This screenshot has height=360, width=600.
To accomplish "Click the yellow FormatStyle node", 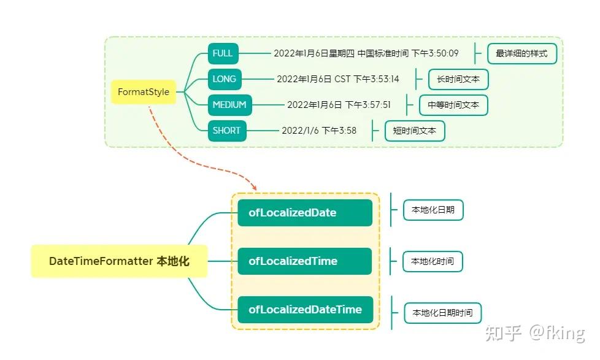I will (x=143, y=92).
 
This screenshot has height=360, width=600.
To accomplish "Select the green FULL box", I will (x=223, y=53).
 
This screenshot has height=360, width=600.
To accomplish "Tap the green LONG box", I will (x=224, y=79).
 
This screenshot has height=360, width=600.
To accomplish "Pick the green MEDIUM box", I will (x=229, y=105).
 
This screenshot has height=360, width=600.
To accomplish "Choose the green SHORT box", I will (x=227, y=131).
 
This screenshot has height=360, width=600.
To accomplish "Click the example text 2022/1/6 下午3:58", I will (x=319, y=131).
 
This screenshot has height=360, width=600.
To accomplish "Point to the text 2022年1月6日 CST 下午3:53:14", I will (x=337, y=79).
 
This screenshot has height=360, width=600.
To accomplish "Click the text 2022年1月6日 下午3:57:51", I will (x=339, y=105).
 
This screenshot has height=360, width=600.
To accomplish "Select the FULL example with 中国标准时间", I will (x=366, y=53).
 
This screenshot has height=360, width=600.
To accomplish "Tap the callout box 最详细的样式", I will (x=522, y=54).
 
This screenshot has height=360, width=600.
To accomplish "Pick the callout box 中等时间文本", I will (x=453, y=105).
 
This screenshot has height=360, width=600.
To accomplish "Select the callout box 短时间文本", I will (x=415, y=131).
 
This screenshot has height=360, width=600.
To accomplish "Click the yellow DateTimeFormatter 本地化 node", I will (x=119, y=261).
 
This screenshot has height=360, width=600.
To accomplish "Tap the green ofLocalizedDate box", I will (x=305, y=213).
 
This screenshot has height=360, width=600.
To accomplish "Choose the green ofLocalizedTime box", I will (x=305, y=261).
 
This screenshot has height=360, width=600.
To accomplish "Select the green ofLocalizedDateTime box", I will (x=305, y=310).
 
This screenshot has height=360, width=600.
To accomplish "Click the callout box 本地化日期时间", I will (x=442, y=313).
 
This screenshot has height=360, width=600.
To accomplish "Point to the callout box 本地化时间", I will (x=433, y=262).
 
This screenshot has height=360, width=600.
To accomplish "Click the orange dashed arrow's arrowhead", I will (x=253, y=186).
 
